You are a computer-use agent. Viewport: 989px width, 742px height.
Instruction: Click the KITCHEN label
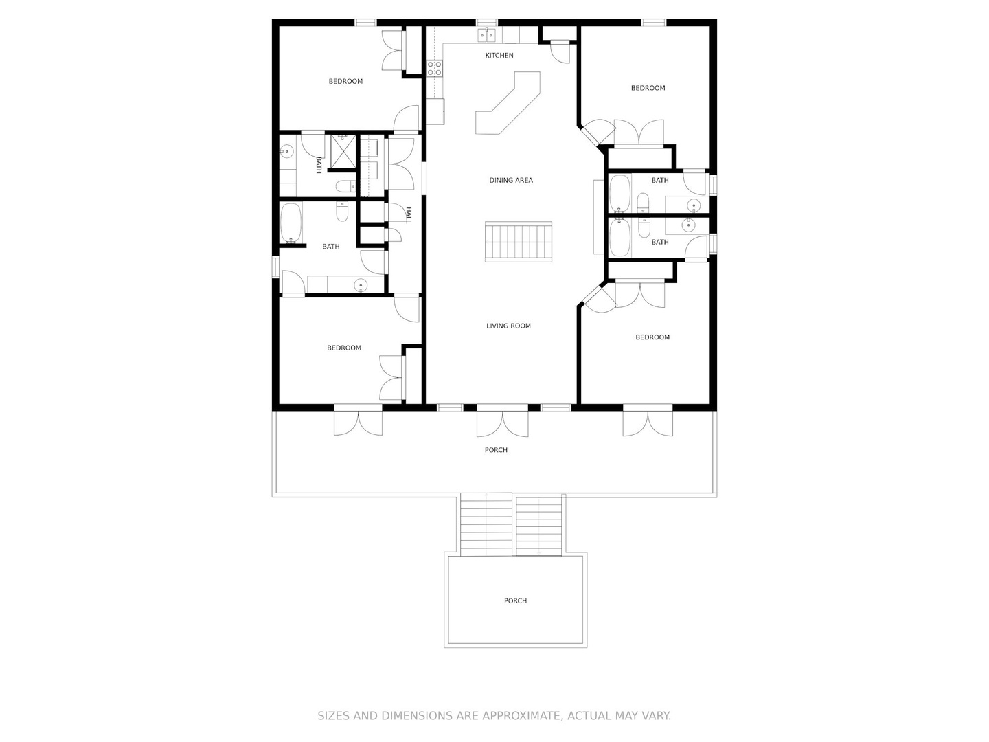point(499,56)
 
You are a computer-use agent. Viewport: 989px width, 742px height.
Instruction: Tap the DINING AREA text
point(511,180)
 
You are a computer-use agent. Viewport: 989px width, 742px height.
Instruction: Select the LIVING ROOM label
point(508,326)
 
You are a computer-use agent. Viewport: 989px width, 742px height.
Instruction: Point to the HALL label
point(409,215)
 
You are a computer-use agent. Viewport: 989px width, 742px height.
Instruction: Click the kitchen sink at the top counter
point(486,34)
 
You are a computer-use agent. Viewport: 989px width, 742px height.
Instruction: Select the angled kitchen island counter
point(508,103)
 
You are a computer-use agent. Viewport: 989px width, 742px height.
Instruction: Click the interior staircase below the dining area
point(518,241)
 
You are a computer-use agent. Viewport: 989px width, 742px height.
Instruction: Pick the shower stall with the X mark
point(343,151)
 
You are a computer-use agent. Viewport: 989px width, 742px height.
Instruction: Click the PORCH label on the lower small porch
point(515,600)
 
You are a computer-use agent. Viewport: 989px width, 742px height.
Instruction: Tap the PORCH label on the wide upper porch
point(496,449)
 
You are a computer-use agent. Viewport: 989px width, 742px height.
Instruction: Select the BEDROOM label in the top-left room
point(345,82)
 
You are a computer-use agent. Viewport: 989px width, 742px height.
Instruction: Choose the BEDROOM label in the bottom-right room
point(652,337)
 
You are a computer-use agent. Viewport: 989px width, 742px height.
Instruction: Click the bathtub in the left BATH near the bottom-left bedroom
point(291,223)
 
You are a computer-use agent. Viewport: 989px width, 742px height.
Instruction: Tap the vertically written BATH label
point(319,166)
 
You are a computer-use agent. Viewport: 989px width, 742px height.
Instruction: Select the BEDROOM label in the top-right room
point(648,88)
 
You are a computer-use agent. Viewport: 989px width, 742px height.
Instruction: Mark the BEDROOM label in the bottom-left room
point(344,348)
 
